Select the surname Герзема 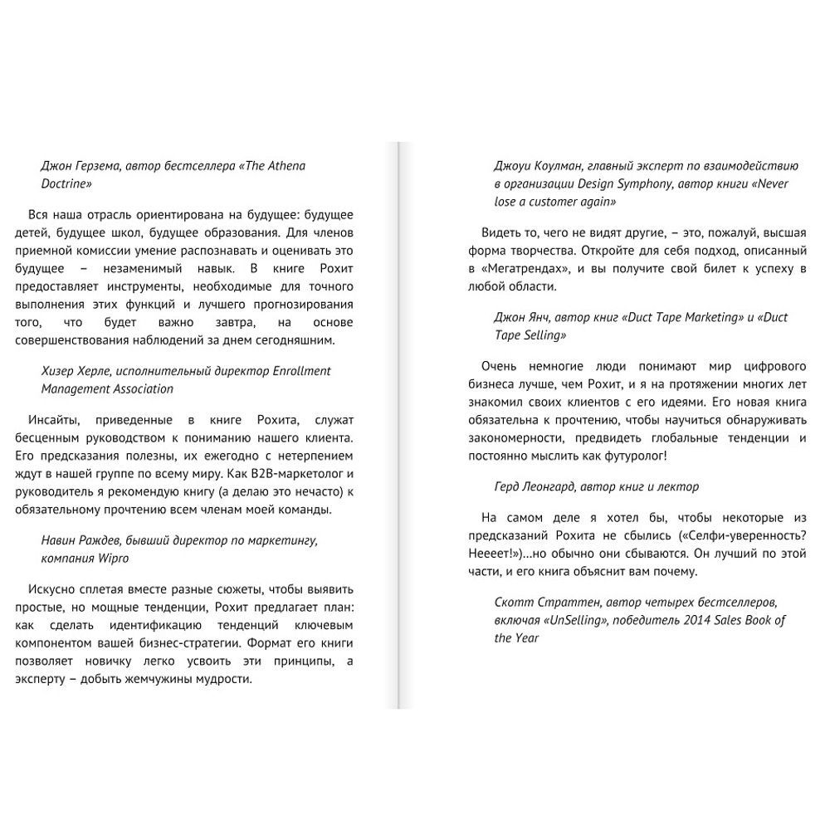(98, 165)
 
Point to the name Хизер (60, 370)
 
